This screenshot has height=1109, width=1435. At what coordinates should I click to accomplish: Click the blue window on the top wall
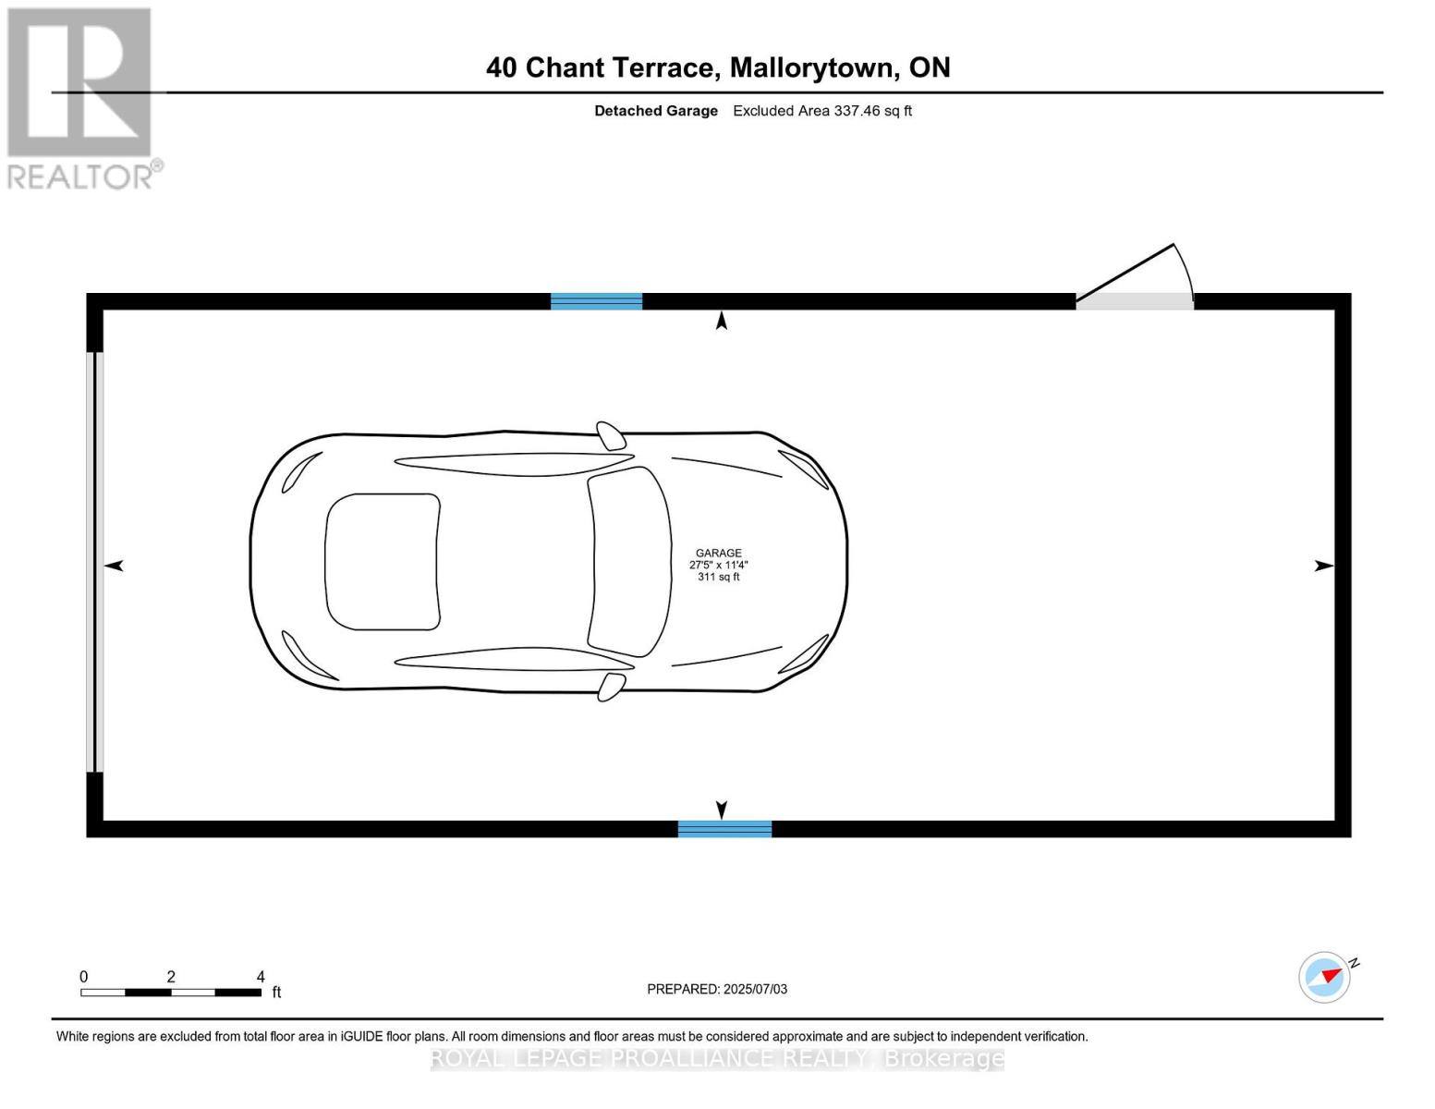coord(596,301)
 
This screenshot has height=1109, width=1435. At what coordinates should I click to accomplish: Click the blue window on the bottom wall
coord(724,829)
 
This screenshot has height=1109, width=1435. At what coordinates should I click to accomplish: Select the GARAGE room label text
coord(719,553)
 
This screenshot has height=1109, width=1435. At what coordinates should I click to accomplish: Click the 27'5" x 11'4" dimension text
coord(718,565)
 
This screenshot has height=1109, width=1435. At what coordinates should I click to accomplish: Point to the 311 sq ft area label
coord(719,577)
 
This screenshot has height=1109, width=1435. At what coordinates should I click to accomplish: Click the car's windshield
coord(630,562)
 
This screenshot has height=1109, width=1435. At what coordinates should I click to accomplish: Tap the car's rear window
coord(382,562)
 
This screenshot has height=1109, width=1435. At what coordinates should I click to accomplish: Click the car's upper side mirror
coord(611,436)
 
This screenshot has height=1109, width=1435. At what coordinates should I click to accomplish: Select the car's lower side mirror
coord(611,687)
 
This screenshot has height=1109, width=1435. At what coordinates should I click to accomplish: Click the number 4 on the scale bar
coord(261,977)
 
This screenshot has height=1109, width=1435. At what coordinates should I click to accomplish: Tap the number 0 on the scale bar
coord(84,977)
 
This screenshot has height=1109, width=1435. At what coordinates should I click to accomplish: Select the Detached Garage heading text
coord(656,111)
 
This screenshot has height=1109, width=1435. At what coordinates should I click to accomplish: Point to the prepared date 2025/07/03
coord(755,989)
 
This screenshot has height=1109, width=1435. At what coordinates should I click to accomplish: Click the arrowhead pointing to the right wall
coord(1323,566)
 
